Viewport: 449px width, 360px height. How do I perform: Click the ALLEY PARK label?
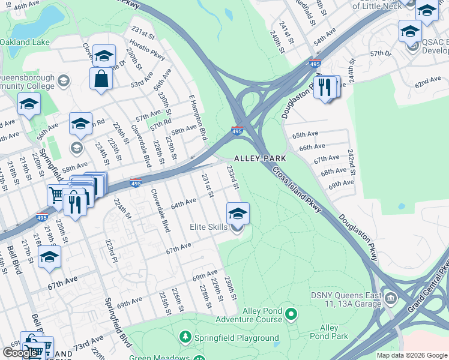tap(259, 158)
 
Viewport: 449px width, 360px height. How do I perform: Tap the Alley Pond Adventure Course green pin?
tap(291, 313)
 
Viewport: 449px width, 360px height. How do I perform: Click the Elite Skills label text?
tap(208, 227)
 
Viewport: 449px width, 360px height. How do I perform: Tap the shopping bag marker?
tap(101, 78)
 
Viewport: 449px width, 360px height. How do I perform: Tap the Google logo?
tap(20, 353)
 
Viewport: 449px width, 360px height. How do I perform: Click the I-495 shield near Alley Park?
tap(238, 131)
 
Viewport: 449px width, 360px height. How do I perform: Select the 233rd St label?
tap(233, 179)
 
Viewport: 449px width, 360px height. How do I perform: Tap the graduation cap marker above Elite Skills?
tap(238, 213)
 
